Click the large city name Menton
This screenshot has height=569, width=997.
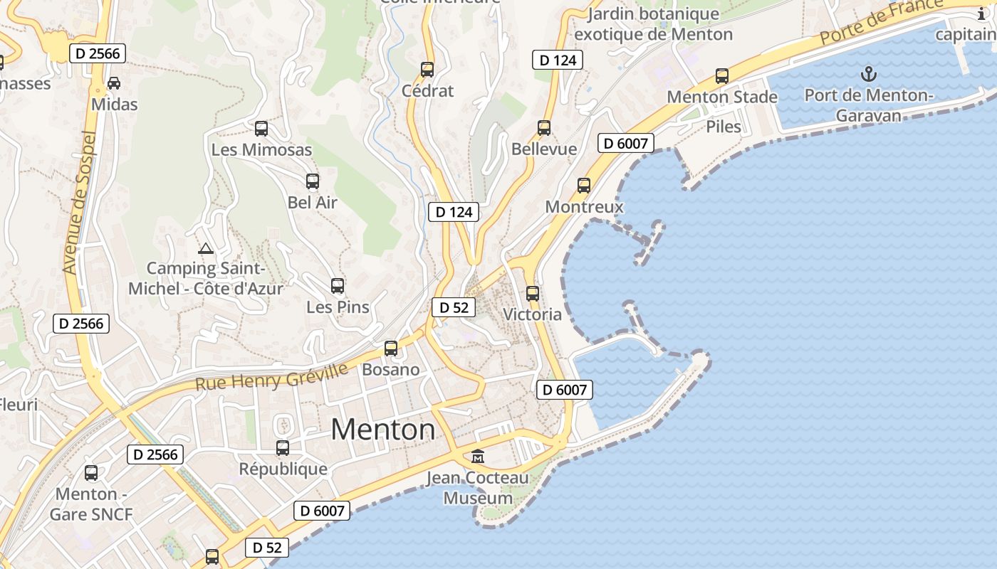[x=383, y=430]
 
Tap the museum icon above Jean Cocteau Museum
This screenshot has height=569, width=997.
[x=478, y=456]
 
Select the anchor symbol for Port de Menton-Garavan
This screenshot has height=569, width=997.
[x=868, y=73]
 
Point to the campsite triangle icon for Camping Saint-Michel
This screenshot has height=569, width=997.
[x=206, y=249]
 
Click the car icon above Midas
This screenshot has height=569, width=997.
[x=114, y=83]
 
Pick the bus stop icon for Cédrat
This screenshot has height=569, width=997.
[x=427, y=70]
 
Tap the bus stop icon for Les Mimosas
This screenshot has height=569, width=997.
[x=261, y=129]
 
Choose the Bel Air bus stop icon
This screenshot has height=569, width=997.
[x=313, y=181]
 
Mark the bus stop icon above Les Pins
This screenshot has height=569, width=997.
[x=338, y=286]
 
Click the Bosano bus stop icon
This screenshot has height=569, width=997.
[x=391, y=349]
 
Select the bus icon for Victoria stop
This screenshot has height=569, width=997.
[x=533, y=293]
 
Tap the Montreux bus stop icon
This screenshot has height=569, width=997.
[x=584, y=186]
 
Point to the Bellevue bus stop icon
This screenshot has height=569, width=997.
[x=544, y=128]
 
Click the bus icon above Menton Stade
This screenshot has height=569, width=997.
[x=722, y=76]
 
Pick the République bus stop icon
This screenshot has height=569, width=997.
[x=283, y=448]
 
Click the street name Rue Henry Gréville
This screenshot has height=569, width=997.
[x=271, y=377]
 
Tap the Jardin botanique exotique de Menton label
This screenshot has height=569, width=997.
[x=653, y=24]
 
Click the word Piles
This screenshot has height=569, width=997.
[x=724, y=127]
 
